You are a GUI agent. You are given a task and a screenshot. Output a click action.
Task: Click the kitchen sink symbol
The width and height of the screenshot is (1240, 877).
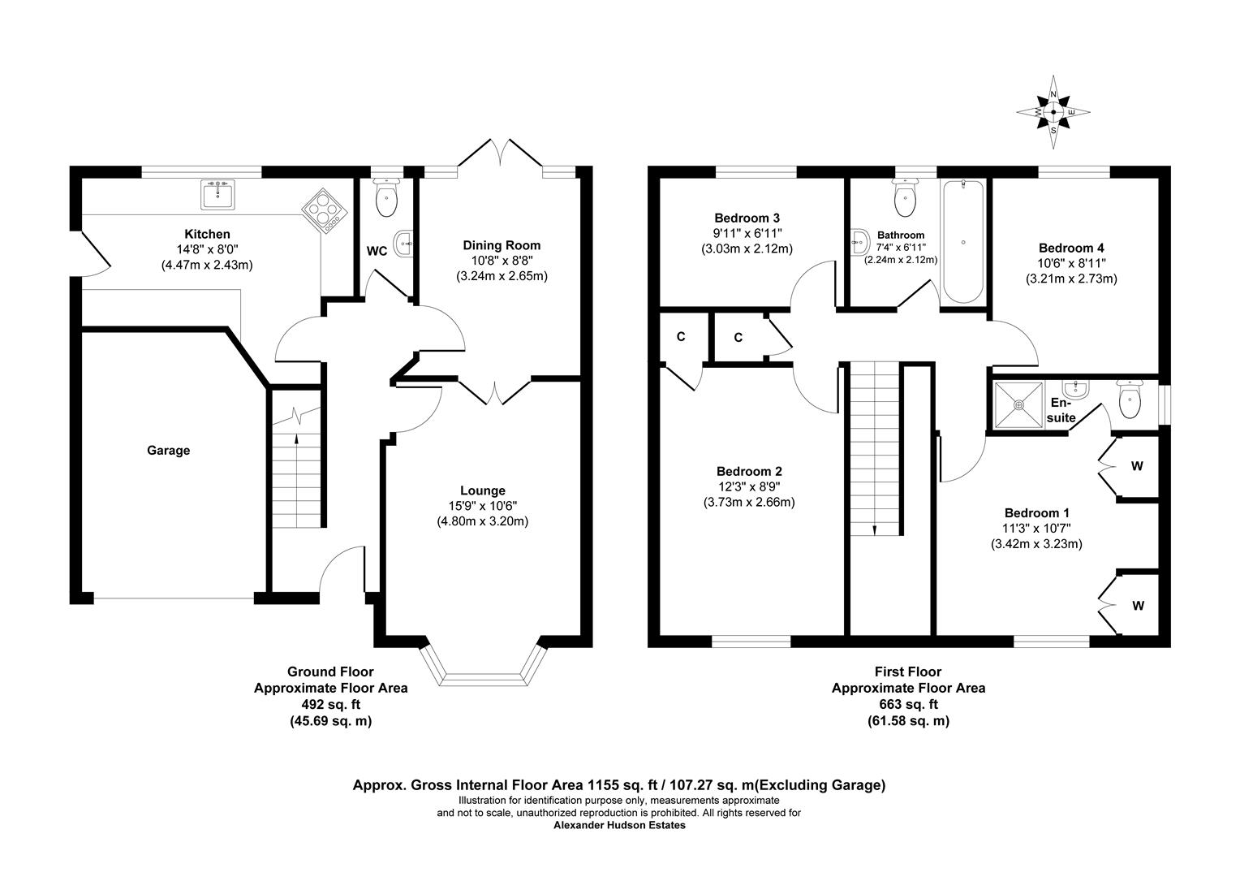point(217,195)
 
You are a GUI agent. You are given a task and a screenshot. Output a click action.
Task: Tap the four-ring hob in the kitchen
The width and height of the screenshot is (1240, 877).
point(325,210)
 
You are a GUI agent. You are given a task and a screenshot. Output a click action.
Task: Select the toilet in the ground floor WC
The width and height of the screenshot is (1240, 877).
point(387,197)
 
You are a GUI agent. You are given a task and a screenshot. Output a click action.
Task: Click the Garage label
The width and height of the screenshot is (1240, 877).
point(168,450)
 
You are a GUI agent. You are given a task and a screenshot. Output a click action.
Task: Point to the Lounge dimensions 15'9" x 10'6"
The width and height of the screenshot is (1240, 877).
point(482,506)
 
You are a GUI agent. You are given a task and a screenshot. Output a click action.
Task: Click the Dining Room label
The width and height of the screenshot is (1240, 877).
point(501,245)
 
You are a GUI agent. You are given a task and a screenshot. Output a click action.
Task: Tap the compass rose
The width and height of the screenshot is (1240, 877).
point(1053,113)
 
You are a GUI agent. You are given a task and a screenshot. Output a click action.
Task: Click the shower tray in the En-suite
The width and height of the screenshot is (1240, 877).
point(1018,404)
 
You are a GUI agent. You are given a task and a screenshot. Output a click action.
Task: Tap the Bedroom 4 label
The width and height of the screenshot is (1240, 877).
point(1071,248)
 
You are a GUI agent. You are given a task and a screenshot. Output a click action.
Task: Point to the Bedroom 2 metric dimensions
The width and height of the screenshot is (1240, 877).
point(747,502)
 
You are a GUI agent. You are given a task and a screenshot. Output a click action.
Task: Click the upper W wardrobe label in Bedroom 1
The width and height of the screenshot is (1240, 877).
point(1137,466)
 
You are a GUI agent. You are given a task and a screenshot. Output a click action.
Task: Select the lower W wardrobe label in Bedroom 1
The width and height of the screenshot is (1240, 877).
point(1138,606)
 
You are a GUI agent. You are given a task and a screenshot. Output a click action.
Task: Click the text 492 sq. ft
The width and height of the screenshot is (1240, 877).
point(330,704)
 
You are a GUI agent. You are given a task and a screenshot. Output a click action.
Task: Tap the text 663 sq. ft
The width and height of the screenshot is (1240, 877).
point(908,704)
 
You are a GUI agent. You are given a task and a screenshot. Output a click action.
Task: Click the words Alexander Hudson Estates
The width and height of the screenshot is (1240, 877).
point(619,825)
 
